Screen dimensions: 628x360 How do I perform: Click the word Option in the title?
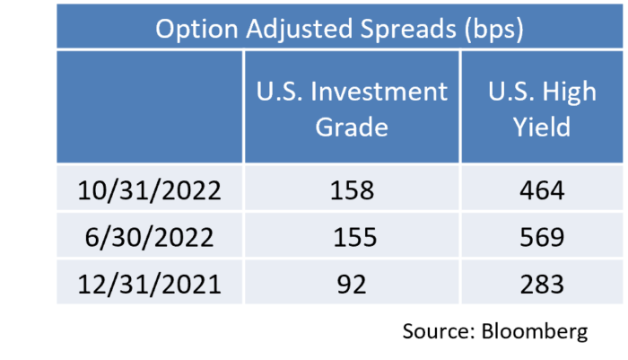coord(196,30)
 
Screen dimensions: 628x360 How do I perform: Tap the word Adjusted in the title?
coord(300,30)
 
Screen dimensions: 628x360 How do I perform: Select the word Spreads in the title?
coord(408,30)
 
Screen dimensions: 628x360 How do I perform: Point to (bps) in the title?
coord(493,30)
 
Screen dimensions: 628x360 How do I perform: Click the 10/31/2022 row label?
coord(149,190)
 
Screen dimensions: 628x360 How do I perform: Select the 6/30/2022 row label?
coord(149,237)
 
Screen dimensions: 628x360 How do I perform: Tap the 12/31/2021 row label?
coord(149,285)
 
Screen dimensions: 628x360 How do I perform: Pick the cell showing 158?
coord(352,190)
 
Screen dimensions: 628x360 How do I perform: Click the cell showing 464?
coord(542,190)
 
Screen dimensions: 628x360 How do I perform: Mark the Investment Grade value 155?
coord(355,237)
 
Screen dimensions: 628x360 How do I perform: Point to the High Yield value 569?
coord(542,237)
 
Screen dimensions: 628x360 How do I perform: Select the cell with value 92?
coord(352,285)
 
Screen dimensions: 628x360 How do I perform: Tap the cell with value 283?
coord(542,285)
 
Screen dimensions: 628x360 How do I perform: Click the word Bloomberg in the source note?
coord(535,332)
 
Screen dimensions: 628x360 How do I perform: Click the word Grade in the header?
coord(352,127)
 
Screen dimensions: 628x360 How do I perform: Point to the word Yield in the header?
coord(542,127)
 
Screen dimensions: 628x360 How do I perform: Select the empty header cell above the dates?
coord(150,107)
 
